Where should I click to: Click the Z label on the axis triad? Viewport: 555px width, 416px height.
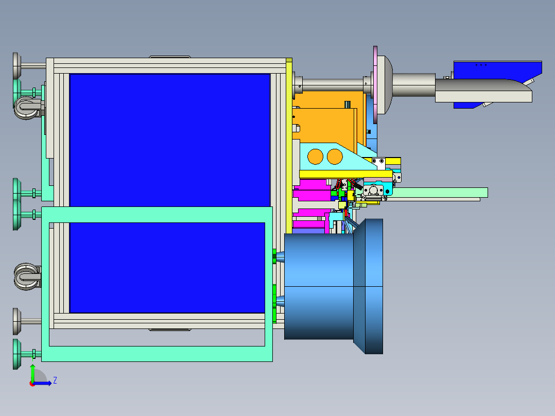(x=55, y=380)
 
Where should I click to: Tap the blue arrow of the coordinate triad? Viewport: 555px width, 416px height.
(x=42, y=383)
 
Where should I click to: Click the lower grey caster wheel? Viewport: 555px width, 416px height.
(x=27, y=276)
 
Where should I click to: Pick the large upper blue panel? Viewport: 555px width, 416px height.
(x=170, y=140)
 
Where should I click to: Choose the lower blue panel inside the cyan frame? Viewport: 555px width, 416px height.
(x=167, y=268)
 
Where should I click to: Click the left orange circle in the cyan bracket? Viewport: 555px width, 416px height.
(x=316, y=157)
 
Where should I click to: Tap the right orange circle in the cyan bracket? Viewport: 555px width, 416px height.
(x=335, y=157)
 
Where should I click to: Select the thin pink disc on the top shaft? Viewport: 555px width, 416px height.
(x=375, y=85)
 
